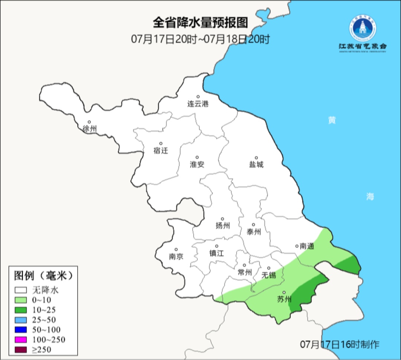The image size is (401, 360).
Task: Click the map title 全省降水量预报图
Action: tap(200, 23)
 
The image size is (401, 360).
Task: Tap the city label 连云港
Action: tap(198, 104)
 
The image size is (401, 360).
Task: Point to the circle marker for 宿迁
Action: tap(161, 143)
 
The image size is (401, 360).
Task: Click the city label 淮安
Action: tap(197, 164)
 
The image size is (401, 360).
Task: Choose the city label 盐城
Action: tap(256, 164)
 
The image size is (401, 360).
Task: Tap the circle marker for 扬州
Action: tap(222, 219)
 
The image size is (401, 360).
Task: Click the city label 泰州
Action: tap(254, 232)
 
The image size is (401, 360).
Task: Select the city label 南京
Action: tap(176, 256)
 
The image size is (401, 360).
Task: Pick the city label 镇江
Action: tap(216, 253)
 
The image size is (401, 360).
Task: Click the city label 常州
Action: tap(245, 272)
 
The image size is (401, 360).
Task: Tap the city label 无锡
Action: tap(269, 275)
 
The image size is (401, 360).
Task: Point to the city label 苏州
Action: tap(284, 299)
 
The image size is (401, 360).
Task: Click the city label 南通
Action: tap(307, 246)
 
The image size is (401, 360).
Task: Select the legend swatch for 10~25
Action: tap(21, 310)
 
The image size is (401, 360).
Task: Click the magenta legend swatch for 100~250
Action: tap(21, 340)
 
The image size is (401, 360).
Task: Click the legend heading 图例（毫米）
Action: tap(42, 275)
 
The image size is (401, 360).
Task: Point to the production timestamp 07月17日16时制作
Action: tap(340, 344)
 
